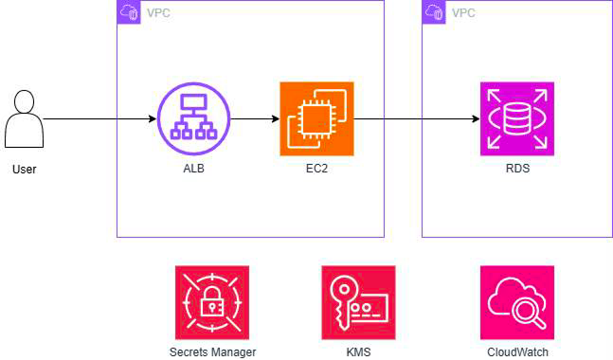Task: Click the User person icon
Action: tap(24, 118)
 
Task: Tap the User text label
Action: tap(25, 170)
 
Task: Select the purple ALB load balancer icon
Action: tap(193, 118)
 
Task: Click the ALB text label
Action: tap(194, 169)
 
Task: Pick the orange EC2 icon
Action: tap(316, 118)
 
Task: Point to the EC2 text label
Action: tap(316, 169)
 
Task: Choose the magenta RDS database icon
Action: tap(517, 118)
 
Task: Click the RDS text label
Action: tap(517, 169)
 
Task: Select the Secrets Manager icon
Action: tap(212, 302)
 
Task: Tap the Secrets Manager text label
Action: tap(212, 352)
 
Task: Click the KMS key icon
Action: tap(358, 302)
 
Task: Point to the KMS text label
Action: tap(358, 352)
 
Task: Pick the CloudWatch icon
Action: tap(517, 302)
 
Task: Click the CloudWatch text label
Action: tap(517, 352)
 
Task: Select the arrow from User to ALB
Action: tap(100, 118)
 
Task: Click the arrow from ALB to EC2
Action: tap(255, 118)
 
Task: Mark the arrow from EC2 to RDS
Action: tap(417, 118)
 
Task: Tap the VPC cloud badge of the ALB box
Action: tap(129, 12)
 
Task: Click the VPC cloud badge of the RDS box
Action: tap(434, 12)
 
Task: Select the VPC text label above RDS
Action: tap(463, 13)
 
